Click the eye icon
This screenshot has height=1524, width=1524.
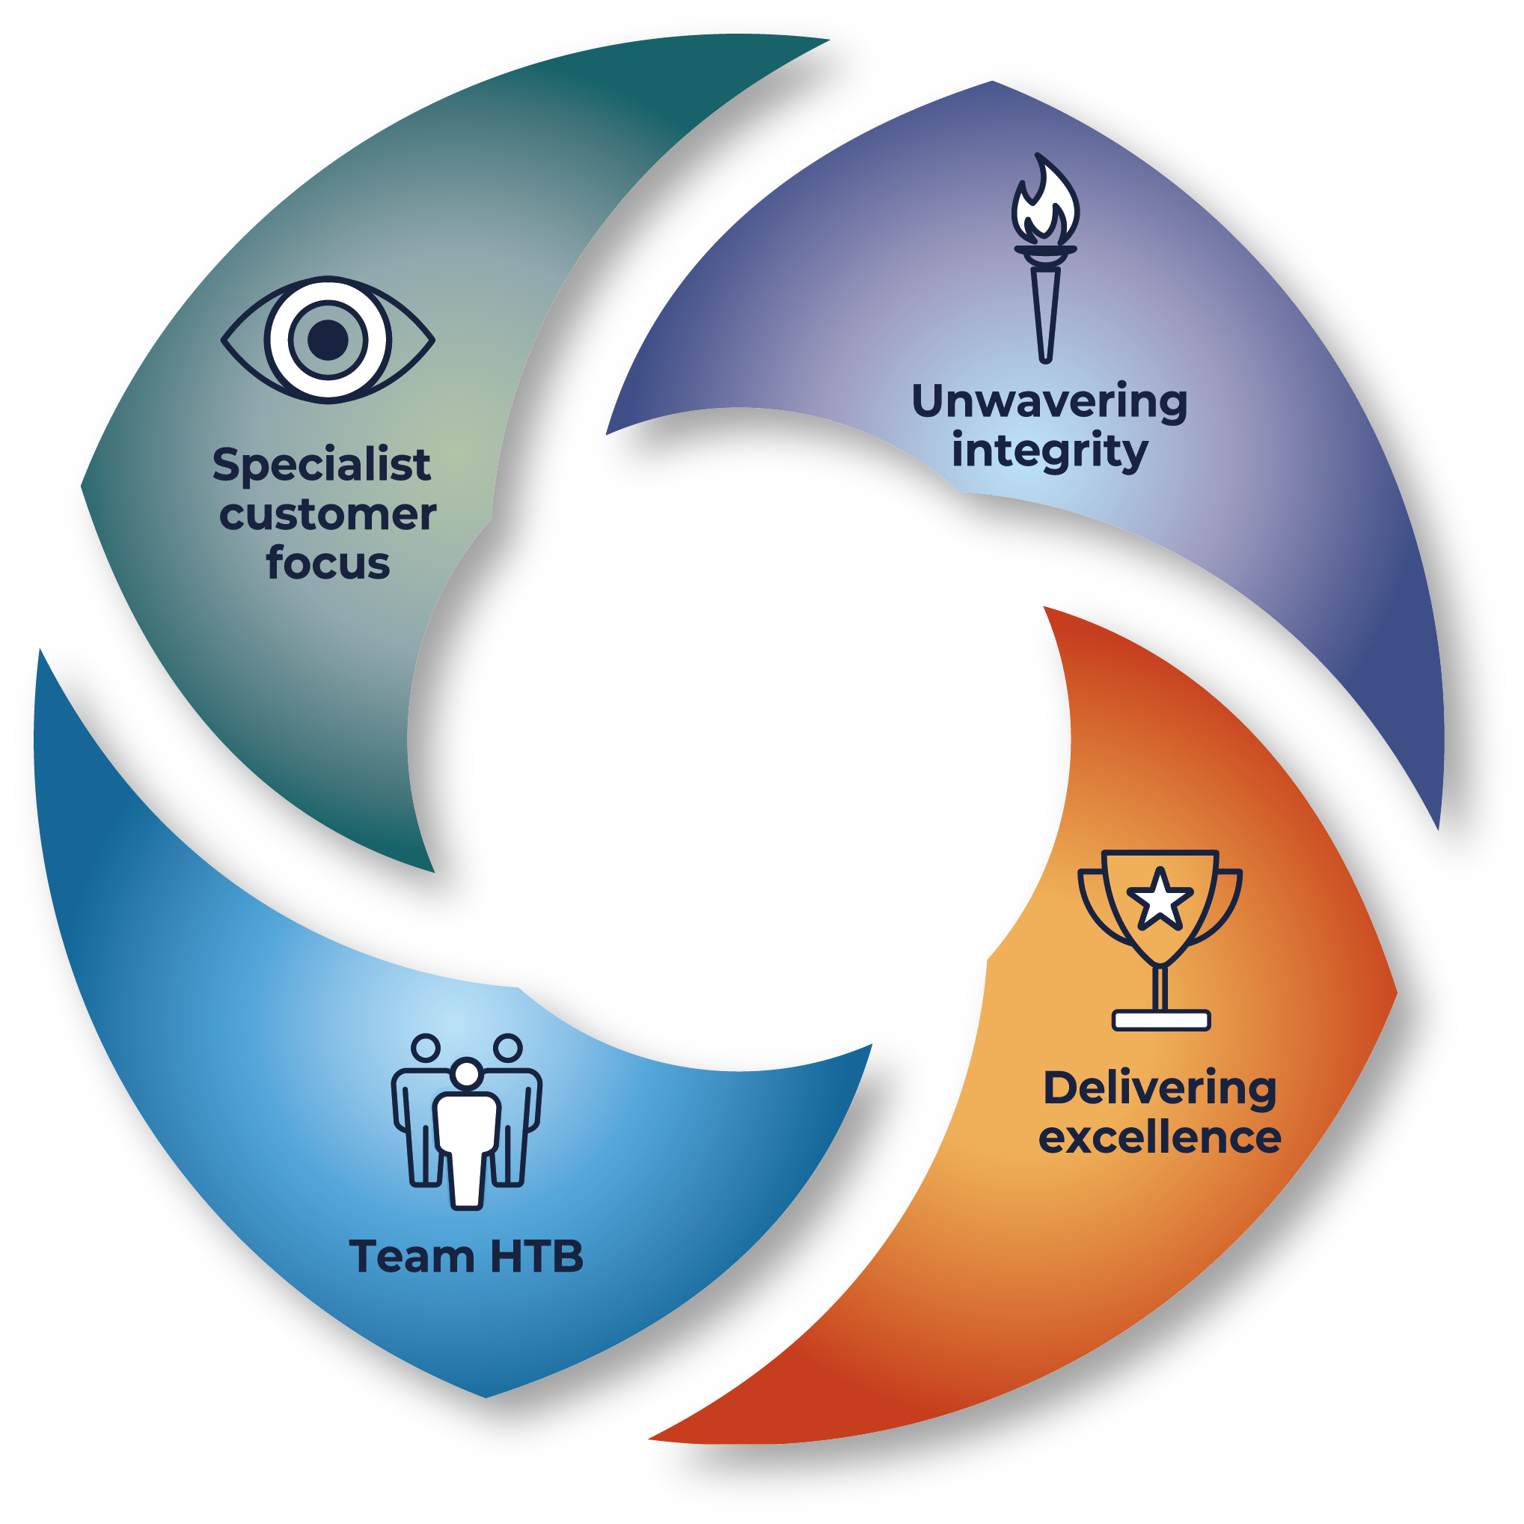(328, 339)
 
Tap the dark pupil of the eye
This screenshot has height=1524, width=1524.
(328, 339)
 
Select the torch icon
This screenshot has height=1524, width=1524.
(1044, 260)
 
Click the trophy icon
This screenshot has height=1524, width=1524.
(1160, 939)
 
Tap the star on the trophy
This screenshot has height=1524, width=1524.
(1160, 899)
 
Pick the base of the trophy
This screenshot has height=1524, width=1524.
(1160, 1020)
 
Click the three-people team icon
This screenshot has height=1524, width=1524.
(467, 1121)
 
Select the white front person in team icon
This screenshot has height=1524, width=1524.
(467, 1136)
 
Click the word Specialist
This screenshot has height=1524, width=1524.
(322, 466)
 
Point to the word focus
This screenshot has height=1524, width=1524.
(328, 564)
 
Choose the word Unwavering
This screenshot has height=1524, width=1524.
(1049, 402)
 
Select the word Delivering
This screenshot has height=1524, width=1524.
(1160, 1088)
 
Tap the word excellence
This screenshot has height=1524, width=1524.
(1160, 1137)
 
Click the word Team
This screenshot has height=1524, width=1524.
(411, 1257)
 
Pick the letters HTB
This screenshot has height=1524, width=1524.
(536, 1257)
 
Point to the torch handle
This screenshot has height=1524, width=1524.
(1045, 316)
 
